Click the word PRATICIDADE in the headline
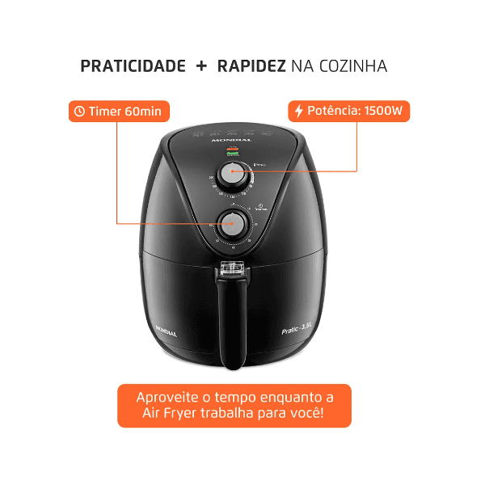(x=133, y=67)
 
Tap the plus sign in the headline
(x=201, y=67)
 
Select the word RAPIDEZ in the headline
(x=251, y=67)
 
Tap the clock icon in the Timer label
(x=79, y=111)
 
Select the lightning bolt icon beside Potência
(x=299, y=111)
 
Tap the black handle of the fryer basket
(x=234, y=323)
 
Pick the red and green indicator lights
(x=233, y=151)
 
